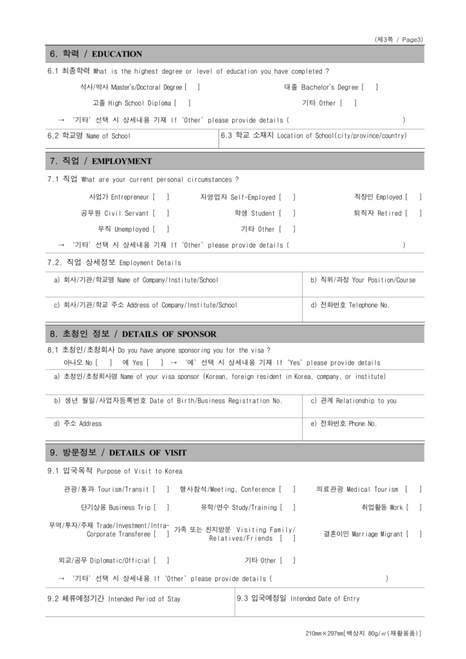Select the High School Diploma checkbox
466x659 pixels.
[x=183, y=103]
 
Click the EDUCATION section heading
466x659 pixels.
[x=96, y=54]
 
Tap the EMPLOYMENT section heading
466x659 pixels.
[x=100, y=162]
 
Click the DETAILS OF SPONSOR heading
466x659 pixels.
[x=132, y=335]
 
